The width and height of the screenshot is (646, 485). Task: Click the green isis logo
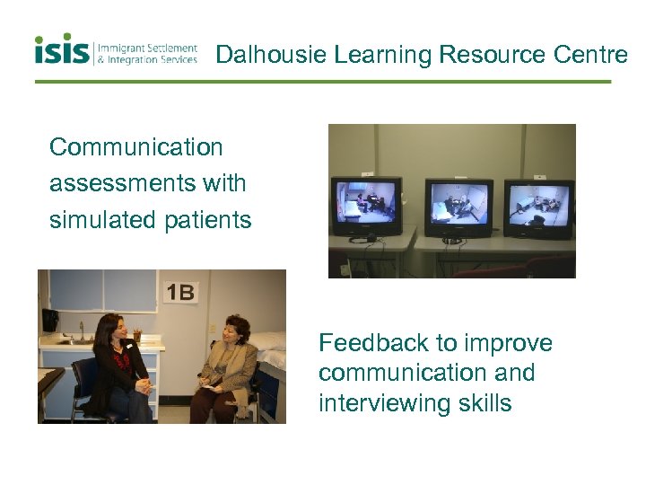(x=62, y=50)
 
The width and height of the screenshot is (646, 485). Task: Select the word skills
(x=484, y=403)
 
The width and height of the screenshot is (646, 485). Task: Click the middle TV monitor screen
(x=458, y=202)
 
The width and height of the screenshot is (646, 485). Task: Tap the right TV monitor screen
(x=537, y=200)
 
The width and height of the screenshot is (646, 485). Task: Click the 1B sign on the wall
(x=180, y=293)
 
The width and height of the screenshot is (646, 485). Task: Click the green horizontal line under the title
(x=323, y=82)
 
